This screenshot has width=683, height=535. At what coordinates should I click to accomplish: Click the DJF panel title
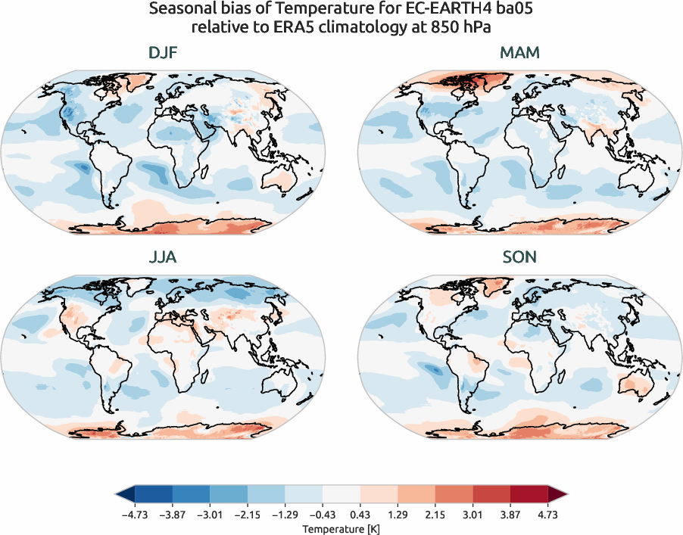point(163,54)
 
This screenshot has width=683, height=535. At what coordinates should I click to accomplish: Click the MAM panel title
point(519,54)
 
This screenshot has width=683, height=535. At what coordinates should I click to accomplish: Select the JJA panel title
point(163,257)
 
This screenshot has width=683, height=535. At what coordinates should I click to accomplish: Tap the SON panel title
point(519,257)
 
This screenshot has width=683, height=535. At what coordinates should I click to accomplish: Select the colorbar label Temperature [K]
point(341,527)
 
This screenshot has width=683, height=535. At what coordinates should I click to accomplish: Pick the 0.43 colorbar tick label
point(360,512)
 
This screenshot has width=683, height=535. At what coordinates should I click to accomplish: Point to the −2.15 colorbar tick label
point(247,512)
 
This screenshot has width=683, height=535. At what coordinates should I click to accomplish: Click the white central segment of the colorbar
point(341,494)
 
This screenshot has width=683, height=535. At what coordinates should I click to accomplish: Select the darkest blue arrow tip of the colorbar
point(125,494)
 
